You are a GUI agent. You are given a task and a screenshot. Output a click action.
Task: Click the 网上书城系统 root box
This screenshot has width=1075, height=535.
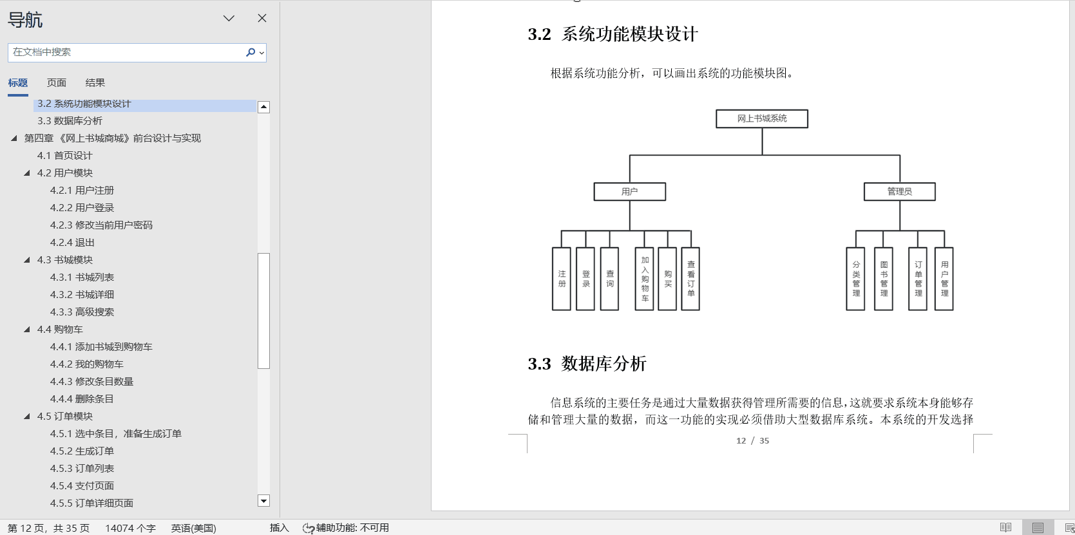point(761,118)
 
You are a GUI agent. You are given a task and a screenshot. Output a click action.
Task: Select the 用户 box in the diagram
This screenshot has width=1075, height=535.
point(630,191)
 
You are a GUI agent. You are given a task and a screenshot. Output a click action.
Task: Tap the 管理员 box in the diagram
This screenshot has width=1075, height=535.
point(899,191)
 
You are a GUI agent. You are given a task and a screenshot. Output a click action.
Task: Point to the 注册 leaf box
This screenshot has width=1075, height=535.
point(562,279)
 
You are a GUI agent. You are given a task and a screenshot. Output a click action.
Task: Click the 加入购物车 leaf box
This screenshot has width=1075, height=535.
point(644,279)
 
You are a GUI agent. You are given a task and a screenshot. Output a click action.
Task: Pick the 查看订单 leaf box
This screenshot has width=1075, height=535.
point(690,279)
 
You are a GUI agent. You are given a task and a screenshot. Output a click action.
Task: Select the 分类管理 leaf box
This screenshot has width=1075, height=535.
point(855,279)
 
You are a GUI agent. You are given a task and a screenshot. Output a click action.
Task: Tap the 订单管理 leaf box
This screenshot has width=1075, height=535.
point(918,279)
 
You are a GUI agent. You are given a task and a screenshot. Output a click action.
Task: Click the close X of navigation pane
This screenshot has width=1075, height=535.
point(262,18)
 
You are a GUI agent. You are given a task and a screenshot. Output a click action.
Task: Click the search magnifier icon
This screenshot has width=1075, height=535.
point(251,52)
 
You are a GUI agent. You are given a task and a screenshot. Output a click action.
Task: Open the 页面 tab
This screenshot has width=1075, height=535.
point(57,82)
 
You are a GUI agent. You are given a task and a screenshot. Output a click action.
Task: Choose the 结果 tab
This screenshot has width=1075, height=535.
point(95,82)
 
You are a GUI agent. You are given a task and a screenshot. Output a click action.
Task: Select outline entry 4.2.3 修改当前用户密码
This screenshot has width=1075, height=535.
point(101,225)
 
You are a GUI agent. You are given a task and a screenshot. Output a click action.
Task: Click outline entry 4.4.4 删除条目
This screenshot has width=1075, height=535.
point(82,399)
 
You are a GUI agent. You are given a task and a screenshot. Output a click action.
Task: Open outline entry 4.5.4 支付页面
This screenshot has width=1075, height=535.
point(82,485)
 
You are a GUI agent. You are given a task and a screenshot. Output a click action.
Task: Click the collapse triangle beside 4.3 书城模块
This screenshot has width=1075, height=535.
point(27,260)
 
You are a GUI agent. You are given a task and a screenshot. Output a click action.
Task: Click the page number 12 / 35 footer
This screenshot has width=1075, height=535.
point(752,440)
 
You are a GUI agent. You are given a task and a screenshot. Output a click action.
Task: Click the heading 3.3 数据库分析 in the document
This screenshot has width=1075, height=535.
point(587,364)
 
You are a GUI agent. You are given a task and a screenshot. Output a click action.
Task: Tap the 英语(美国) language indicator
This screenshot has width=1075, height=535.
point(193,528)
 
